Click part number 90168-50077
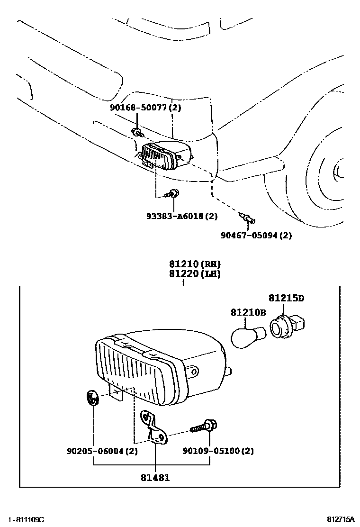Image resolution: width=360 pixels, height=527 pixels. pos(141,108)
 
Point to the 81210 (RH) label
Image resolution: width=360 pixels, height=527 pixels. pos(195,264)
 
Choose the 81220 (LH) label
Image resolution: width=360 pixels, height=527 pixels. pos(195,274)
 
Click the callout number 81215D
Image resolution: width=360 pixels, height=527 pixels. pos(286,298)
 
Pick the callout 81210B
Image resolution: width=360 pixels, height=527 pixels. pos(249,313)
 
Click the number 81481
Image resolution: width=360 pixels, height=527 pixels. pos(155,477)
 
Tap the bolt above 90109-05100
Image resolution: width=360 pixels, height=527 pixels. pos(204,426)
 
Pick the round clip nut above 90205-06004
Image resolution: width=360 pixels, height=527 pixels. pos(92,398)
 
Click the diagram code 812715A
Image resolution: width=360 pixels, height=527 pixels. pos(341,519)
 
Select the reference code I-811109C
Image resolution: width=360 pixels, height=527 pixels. pos(26,519)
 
